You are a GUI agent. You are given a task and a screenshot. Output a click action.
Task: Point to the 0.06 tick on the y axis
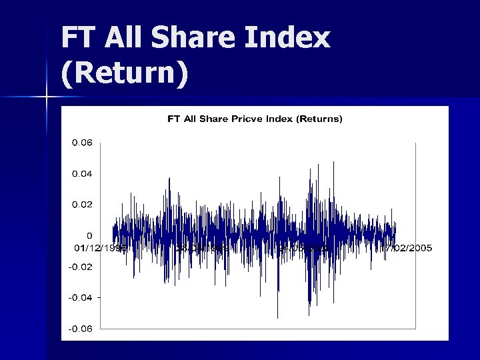(x=82, y=143)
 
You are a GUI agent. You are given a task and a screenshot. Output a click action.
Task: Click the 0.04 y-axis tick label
(x=82, y=173)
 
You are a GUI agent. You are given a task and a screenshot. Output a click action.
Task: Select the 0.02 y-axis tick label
(x=82, y=205)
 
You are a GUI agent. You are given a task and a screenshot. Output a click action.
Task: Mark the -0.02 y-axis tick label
(x=81, y=267)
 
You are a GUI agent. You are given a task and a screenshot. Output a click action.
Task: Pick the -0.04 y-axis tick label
(x=81, y=297)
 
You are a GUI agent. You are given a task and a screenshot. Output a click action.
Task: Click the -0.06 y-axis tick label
(x=81, y=328)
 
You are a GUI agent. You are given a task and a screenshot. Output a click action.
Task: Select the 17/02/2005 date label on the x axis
(x=406, y=248)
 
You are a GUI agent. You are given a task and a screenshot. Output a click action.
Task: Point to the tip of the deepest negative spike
(x=277, y=317)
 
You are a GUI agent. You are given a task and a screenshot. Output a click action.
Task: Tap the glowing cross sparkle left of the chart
(x=47, y=98)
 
